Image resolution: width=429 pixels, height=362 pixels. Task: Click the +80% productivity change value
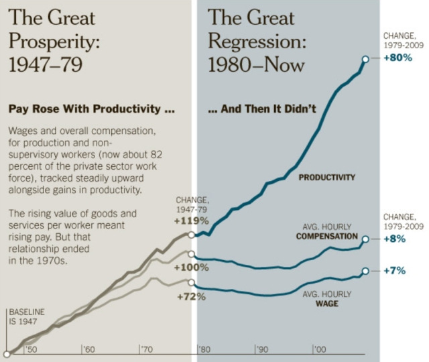pyautogui.click(x=396, y=58)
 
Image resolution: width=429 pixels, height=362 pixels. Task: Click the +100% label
pyautogui.click(x=192, y=267)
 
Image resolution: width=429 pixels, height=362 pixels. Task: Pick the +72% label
pyautogui.click(x=191, y=296)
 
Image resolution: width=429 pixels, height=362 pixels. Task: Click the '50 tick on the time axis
pyautogui.click(x=32, y=349)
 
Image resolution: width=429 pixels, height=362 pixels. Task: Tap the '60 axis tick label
pyautogui.click(x=89, y=349)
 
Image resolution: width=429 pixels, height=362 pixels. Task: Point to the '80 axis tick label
pyautogui.click(x=204, y=349)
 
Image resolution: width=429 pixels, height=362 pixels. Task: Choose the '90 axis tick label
pyautogui.click(x=262, y=349)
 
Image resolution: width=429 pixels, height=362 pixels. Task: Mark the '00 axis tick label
pyautogui.click(x=320, y=349)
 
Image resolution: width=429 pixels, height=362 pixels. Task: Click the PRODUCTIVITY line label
pyautogui.click(x=327, y=178)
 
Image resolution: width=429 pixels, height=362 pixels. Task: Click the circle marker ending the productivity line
pyautogui.click(x=365, y=59)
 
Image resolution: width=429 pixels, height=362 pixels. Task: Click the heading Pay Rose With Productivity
pyautogui.click(x=91, y=108)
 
